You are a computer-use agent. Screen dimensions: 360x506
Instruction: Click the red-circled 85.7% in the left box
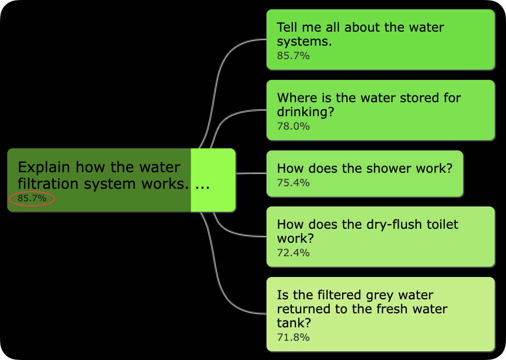click(x=32, y=198)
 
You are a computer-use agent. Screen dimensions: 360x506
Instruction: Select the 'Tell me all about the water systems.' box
click(x=381, y=39)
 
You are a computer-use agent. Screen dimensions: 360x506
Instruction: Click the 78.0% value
click(x=293, y=126)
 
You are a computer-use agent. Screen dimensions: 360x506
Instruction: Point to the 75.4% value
click(x=293, y=183)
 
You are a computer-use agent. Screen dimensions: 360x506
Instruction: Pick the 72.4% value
click(x=293, y=253)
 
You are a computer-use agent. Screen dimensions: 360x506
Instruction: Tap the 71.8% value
click(x=293, y=337)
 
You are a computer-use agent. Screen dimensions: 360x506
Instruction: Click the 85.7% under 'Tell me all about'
click(x=293, y=56)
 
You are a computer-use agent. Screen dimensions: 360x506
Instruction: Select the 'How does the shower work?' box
click(x=364, y=173)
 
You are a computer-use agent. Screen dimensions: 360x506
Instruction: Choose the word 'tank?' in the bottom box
click(x=294, y=323)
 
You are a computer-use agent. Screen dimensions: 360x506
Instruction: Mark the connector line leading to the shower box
click(x=251, y=173)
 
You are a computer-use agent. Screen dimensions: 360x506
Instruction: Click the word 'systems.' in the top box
click(x=304, y=41)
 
